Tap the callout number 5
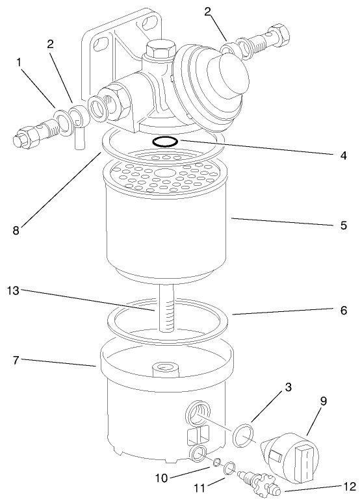pyautogui.click(x=342, y=225)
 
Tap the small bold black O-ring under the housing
pyautogui.click(x=166, y=141)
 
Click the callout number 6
pyautogui.click(x=342, y=312)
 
